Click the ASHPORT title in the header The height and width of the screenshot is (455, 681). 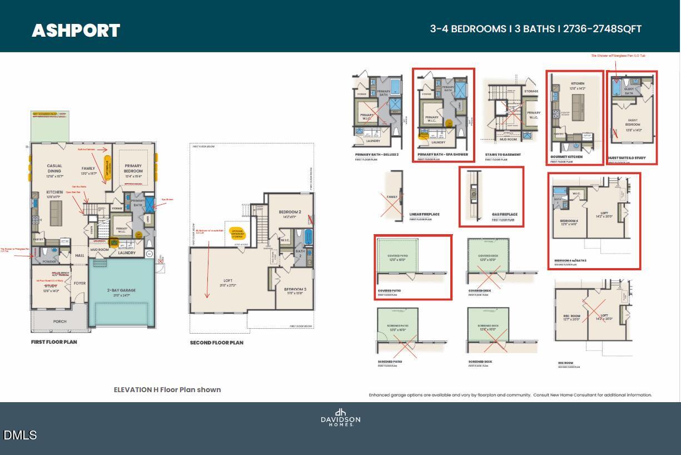(76, 30)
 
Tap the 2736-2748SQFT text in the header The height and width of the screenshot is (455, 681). (603, 29)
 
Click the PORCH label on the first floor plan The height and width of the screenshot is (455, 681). (59, 322)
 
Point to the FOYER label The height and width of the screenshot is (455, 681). (79, 283)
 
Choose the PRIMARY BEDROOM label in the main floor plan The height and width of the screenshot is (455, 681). (133, 169)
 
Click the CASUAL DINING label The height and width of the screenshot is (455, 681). (54, 169)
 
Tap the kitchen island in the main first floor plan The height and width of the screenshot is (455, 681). (56, 211)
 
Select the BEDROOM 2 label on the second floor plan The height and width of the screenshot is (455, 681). (290, 212)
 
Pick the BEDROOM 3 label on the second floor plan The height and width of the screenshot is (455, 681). (295, 290)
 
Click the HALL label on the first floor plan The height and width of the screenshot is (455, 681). (79, 255)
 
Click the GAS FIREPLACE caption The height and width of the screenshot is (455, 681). (504, 214)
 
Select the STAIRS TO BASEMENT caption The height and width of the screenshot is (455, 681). (503, 155)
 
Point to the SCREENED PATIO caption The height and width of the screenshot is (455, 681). (390, 362)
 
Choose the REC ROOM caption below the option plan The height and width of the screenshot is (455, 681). (565, 363)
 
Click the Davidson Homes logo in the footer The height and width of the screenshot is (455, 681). (340, 417)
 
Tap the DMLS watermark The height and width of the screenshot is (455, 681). (20, 435)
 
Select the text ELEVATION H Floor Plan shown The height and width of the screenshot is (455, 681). (167, 390)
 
